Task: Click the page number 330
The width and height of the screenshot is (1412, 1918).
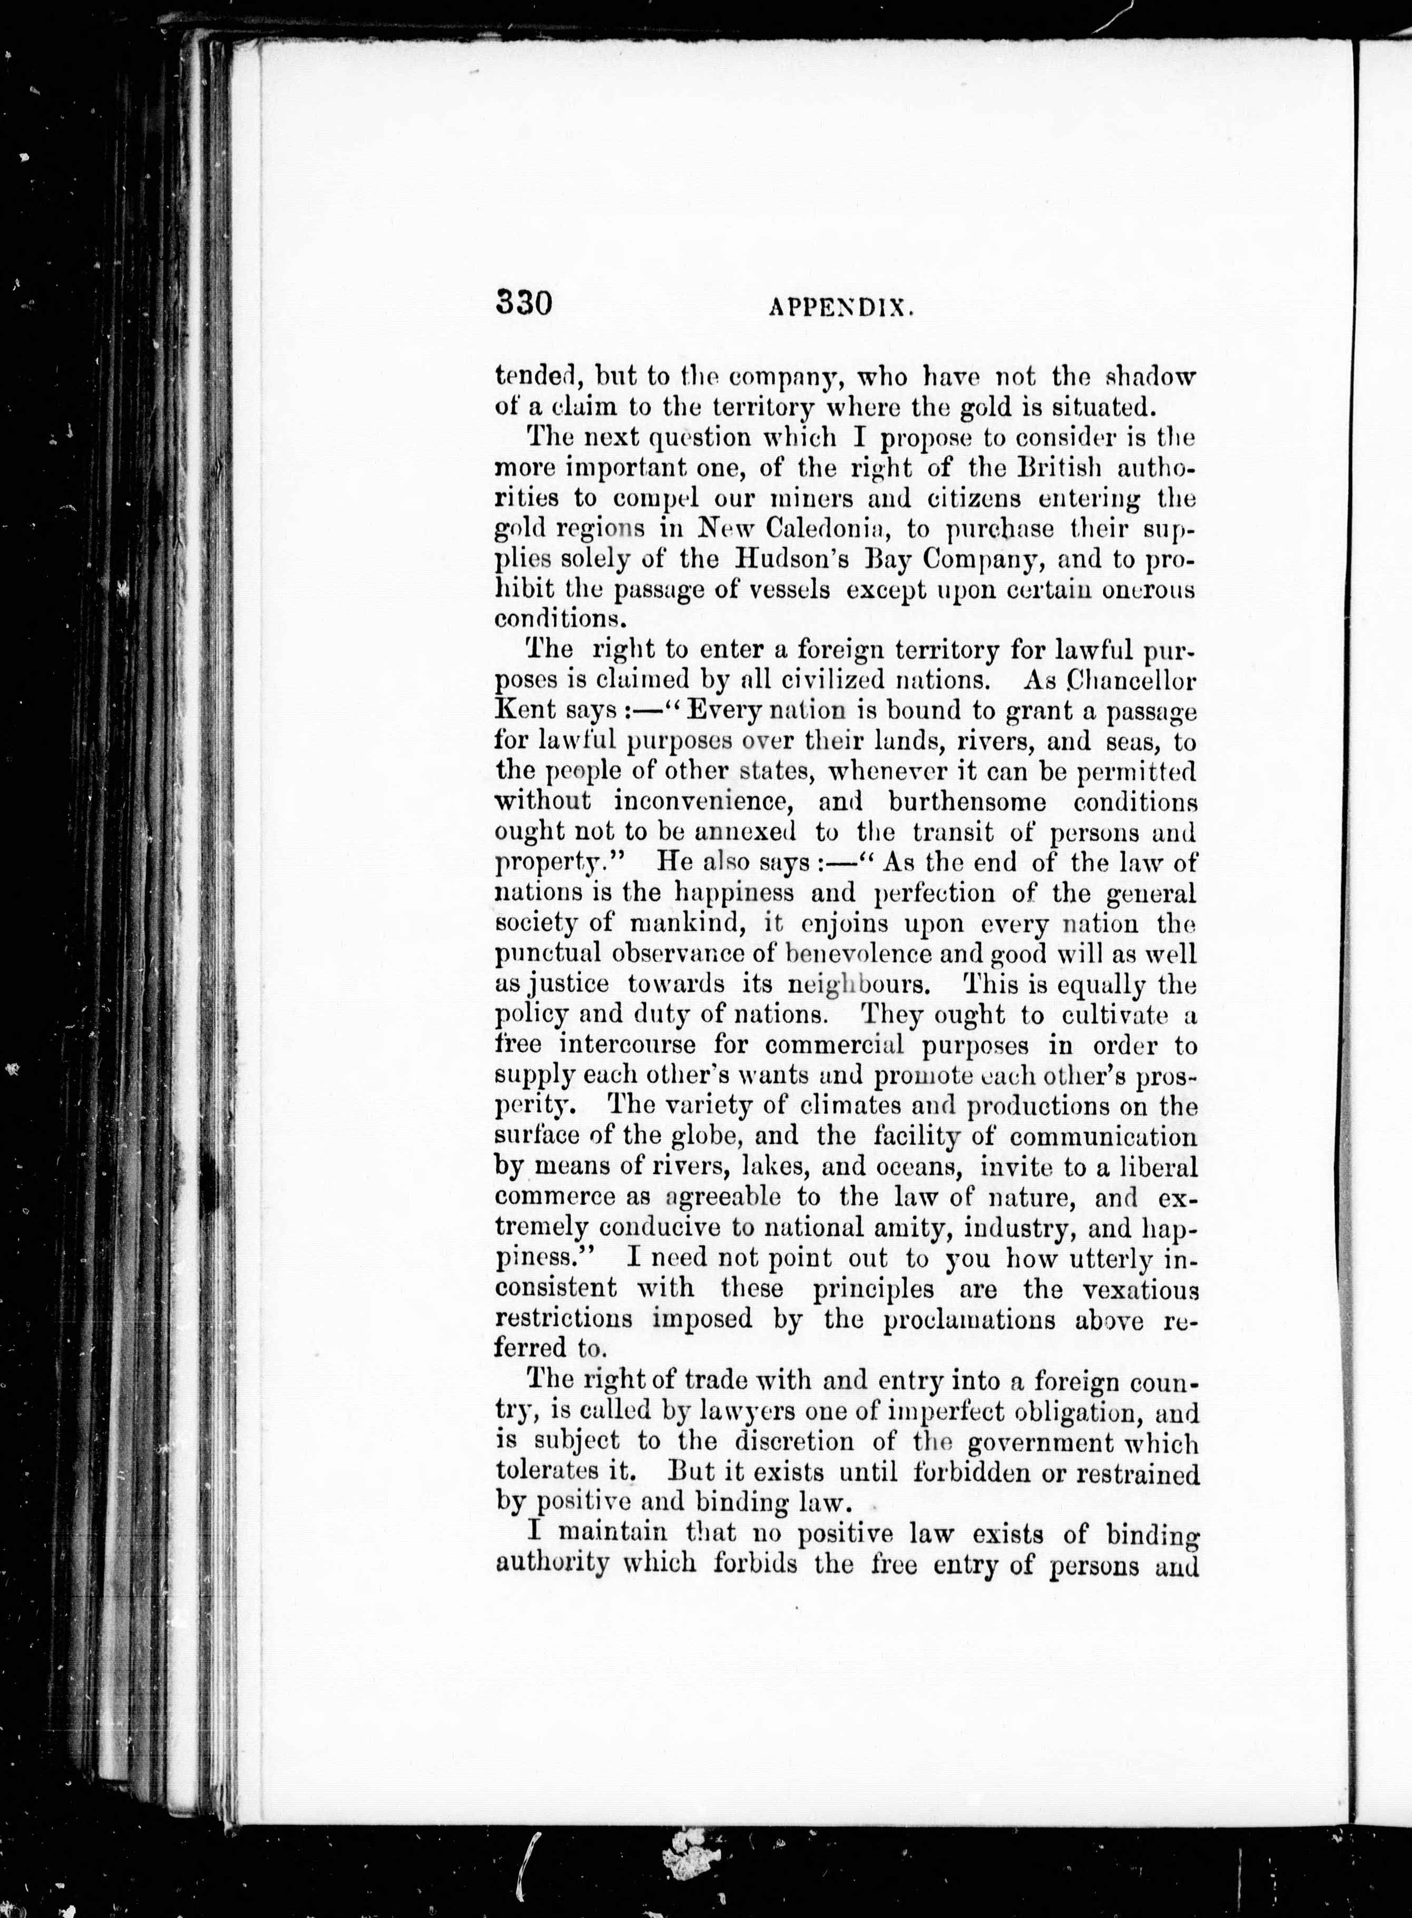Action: point(523,304)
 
